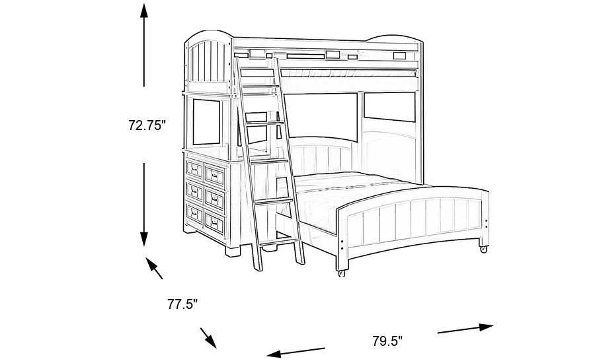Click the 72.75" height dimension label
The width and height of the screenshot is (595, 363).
point(145,125)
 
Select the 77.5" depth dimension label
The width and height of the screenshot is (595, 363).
point(182,304)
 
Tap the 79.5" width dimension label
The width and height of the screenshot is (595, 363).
point(387,341)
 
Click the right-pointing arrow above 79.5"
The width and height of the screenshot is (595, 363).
point(465,328)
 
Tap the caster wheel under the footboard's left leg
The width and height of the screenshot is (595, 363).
point(341,273)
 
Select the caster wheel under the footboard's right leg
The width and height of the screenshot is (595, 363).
point(483,249)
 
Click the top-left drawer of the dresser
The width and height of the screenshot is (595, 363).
point(194,168)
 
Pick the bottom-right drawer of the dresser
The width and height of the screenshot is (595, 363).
point(215,220)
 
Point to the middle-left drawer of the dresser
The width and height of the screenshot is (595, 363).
point(194,190)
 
